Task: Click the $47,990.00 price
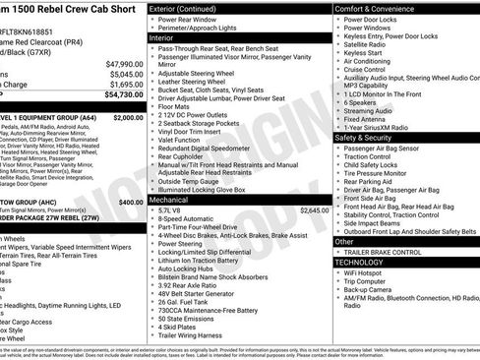coord(122,63)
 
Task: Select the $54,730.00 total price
coord(122,95)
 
